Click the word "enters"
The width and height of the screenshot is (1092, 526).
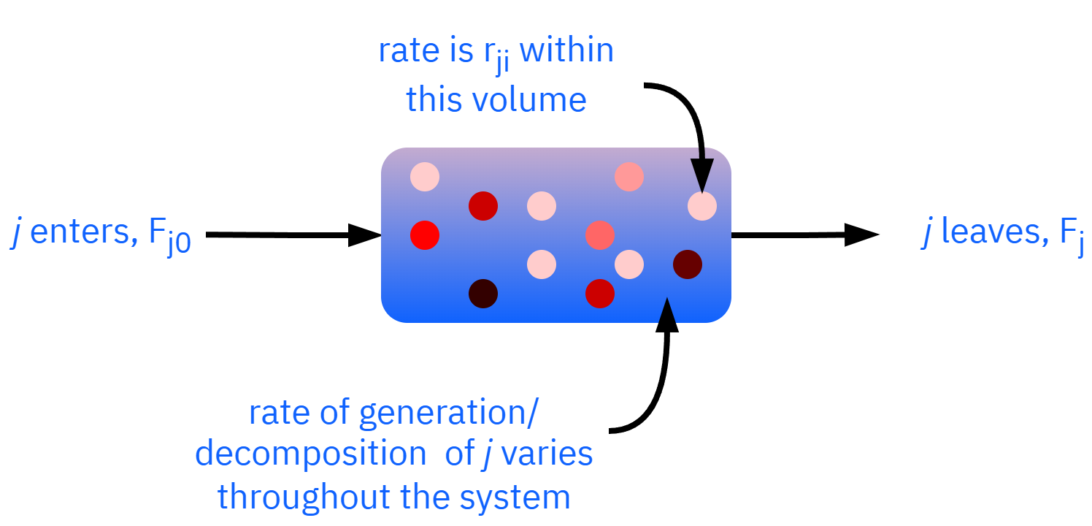pyautogui.click(x=80, y=232)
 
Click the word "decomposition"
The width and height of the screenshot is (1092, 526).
pyautogui.click(x=310, y=454)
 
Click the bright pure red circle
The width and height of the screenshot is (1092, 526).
pyautogui.click(x=425, y=235)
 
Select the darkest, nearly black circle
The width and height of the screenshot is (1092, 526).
pyautogui.click(x=483, y=294)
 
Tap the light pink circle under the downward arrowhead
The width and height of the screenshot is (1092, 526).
pyautogui.click(x=702, y=206)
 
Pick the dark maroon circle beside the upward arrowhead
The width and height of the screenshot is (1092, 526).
pyautogui.click(x=688, y=264)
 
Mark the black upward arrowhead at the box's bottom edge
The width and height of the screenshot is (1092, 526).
pyautogui.click(x=667, y=311)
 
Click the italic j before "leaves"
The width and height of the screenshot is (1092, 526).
pyautogui.click(x=927, y=234)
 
